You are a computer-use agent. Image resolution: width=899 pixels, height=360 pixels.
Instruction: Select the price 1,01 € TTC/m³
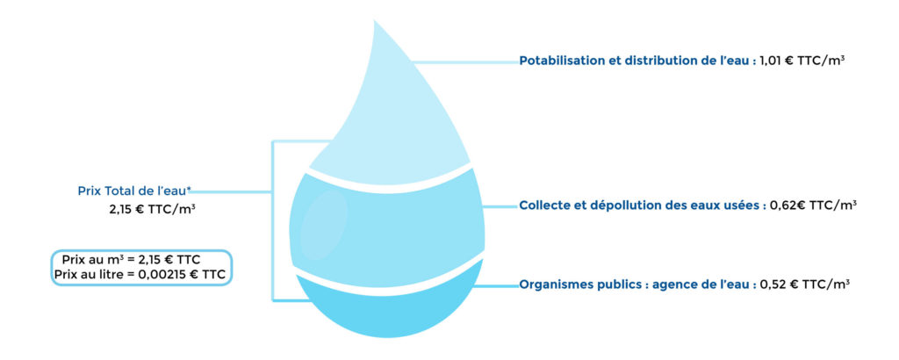pyautogui.click(x=801, y=61)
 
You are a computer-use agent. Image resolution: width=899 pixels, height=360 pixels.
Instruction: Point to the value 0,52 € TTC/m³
pyautogui.click(x=804, y=284)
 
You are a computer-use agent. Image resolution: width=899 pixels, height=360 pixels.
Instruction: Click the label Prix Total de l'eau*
pyautogui.click(x=134, y=191)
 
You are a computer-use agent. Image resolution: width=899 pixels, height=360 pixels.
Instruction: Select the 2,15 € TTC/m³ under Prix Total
pyautogui.click(x=152, y=210)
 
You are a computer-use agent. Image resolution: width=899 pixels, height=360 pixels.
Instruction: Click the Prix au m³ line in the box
pyautogui.click(x=131, y=259)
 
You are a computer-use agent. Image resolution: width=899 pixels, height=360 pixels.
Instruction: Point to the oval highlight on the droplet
pyautogui.click(x=324, y=226)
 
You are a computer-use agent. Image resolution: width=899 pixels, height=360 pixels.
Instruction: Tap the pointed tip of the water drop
pyautogui.click(x=374, y=21)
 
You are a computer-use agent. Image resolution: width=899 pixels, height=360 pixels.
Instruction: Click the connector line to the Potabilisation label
pyautogui.click(x=466, y=62)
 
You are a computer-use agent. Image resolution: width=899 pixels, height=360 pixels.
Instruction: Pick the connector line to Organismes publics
pyautogui.click(x=497, y=285)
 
